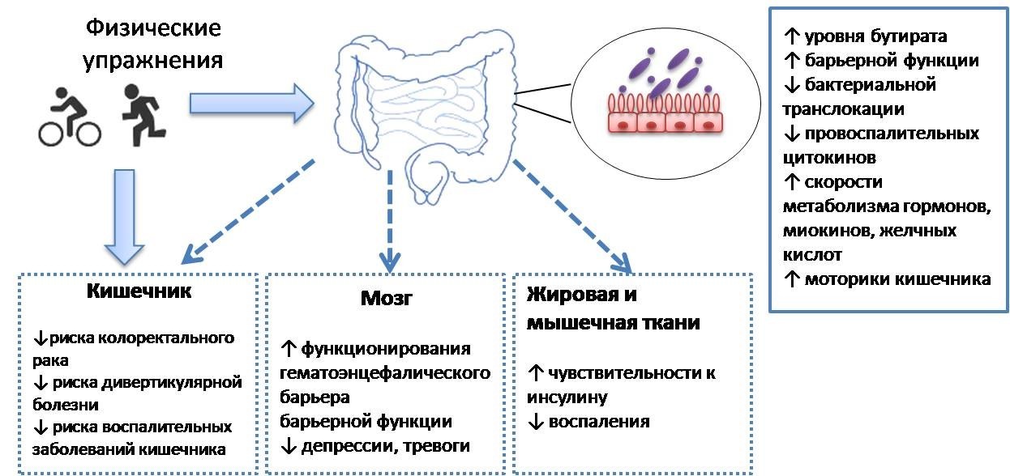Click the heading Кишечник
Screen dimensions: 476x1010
pyautogui.click(x=139, y=291)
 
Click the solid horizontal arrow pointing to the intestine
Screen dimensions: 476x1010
pyautogui.click(x=251, y=103)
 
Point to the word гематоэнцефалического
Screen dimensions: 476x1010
pyautogui.click(x=385, y=373)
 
